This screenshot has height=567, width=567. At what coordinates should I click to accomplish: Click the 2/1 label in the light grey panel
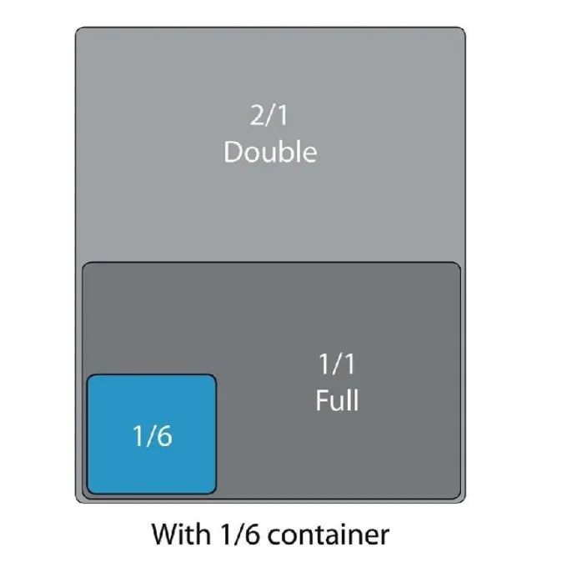268,115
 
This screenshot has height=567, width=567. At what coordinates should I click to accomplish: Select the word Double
270,152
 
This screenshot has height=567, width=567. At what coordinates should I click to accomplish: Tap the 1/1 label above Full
337,364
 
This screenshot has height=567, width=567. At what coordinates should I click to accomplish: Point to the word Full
338,400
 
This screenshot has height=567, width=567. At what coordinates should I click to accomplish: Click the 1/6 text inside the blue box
153,436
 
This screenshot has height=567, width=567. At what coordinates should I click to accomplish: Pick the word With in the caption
181,534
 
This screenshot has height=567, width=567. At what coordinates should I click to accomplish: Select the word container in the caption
329,534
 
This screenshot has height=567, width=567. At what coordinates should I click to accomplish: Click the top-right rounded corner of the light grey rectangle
463,30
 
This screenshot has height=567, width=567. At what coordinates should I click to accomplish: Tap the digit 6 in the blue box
164,436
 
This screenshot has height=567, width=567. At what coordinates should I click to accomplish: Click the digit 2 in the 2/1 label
258,115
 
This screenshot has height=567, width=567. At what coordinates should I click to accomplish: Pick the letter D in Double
233,153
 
